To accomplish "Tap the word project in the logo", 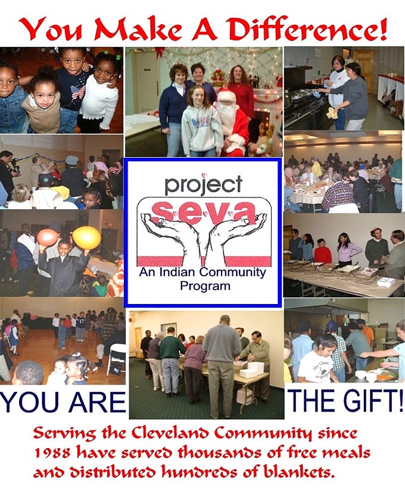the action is click(203, 184).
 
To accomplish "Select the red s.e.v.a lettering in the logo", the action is click(204, 211).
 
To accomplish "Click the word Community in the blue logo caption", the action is click(233, 272).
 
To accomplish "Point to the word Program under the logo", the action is click(205, 286).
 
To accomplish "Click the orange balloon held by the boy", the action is click(48, 237).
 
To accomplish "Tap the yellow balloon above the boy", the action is click(86, 238).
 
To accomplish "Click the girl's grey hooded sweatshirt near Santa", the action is click(197, 128).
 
